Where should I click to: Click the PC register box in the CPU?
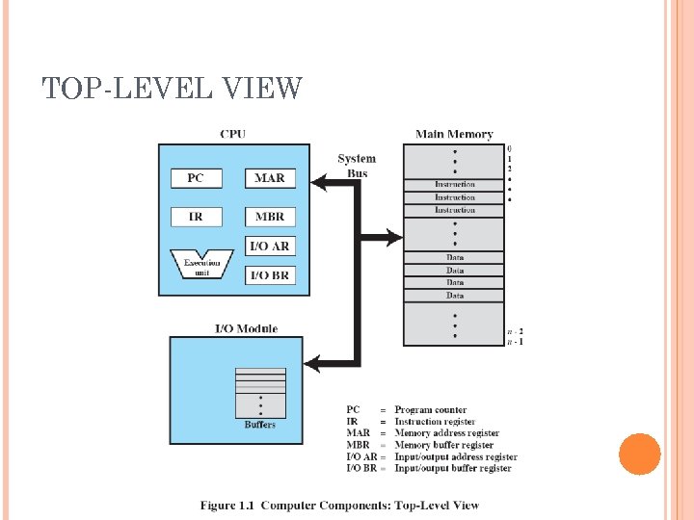point(196,178)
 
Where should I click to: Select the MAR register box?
point(269,178)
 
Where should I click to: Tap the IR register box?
point(196,217)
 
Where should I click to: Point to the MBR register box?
point(269,217)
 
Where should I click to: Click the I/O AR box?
point(269,247)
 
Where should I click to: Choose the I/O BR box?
point(269,275)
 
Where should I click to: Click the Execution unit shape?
point(201,265)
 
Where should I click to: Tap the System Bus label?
point(356,166)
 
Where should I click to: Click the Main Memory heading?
point(453,135)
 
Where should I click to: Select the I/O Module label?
point(246,328)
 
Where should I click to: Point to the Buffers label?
point(259,425)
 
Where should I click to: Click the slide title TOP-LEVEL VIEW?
point(173,90)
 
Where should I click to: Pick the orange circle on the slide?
point(639,454)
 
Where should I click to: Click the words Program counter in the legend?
point(430,410)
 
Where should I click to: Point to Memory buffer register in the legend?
point(443,445)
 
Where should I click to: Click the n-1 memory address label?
point(516,341)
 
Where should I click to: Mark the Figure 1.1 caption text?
point(339,506)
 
